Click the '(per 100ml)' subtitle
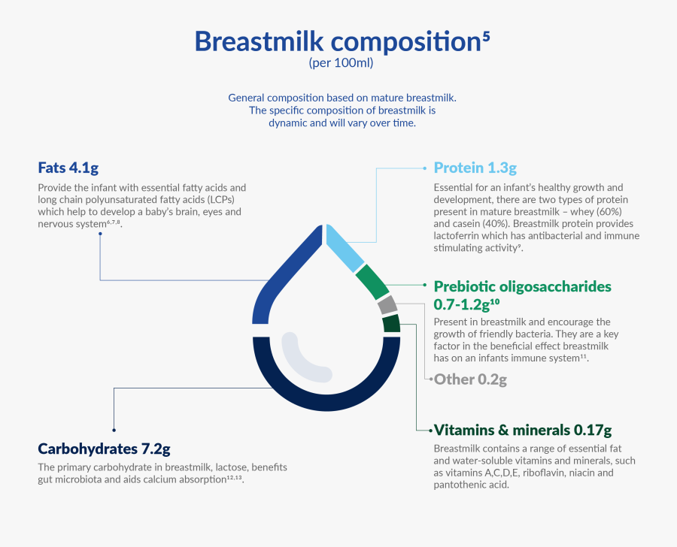point(341,64)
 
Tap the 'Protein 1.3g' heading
point(475,167)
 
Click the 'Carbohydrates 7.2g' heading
point(104,449)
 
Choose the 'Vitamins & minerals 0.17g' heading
point(523,431)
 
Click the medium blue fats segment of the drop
point(283,277)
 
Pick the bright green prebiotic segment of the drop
point(372,283)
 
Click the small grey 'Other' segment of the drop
point(387,305)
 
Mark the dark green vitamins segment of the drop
point(391,324)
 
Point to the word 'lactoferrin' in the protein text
point(460,236)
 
